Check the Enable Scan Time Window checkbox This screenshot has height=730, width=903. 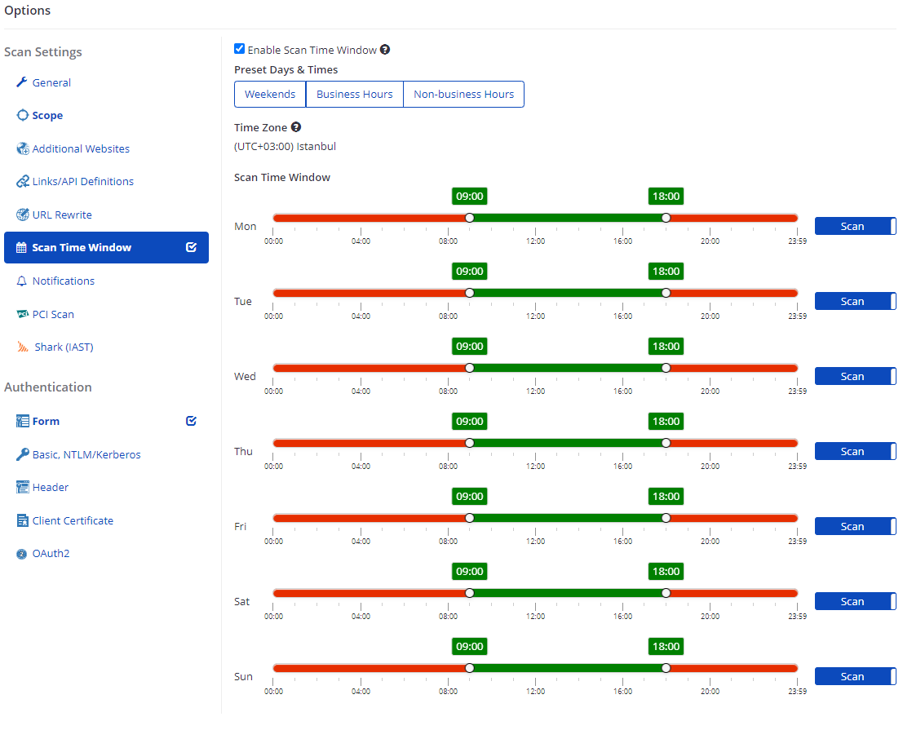[239, 49]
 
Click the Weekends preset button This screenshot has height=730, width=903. [270, 95]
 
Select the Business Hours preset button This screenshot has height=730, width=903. [354, 95]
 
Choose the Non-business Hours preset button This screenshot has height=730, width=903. [463, 95]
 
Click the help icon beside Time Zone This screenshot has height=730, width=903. [296, 127]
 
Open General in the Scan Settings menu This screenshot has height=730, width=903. [51, 82]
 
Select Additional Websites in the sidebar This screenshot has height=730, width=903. [81, 148]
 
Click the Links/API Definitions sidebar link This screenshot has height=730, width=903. [82, 181]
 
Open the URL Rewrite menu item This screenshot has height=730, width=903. [62, 215]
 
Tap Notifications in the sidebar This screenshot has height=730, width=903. [63, 281]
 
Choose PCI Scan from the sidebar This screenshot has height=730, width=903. [53, 314]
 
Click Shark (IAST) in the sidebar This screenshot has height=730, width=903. [64, 347]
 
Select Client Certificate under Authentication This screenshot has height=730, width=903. [73, 520]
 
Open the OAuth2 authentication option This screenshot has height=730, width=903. [51, 553]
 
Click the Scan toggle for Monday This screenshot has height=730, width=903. [855, 226]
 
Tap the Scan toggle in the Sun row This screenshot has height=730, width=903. [855, 676]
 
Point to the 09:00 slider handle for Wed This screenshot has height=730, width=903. [469, 368]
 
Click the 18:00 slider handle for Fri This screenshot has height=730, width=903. [666, 518]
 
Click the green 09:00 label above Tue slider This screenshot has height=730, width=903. [469, 272]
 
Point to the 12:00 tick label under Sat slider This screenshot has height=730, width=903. [535, 617]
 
